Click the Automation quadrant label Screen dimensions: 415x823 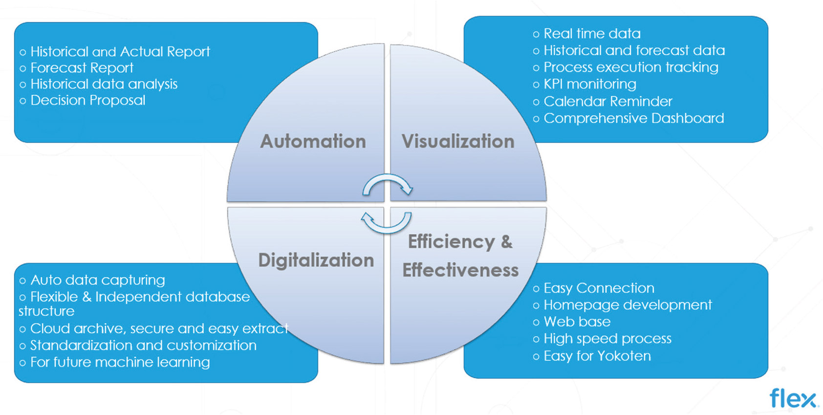tap(313, 141)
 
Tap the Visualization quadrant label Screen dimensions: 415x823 tap(458, 141)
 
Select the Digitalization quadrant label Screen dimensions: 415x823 tap(316, 260)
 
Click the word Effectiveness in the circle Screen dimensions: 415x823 tap(460, 270)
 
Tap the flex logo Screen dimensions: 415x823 tap(793, 398)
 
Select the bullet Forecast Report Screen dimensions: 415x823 tap(82, 67)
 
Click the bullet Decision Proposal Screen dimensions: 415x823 tap(88, 100)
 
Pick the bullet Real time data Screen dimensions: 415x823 tap(592, 33)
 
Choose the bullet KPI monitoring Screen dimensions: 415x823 tap(590, 84)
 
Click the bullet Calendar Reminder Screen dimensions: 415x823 tap(608, 101)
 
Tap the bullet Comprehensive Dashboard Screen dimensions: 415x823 tap(633, 118)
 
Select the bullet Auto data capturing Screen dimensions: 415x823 tap(98, 280)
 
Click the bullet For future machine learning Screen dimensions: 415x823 tap(120, 362)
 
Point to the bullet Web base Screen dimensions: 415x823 tap(577, 322)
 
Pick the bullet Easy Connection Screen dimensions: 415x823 tap(599, 288)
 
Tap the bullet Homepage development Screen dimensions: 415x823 tap(628, 305)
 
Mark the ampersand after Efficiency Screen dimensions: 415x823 tap(506, 241)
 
